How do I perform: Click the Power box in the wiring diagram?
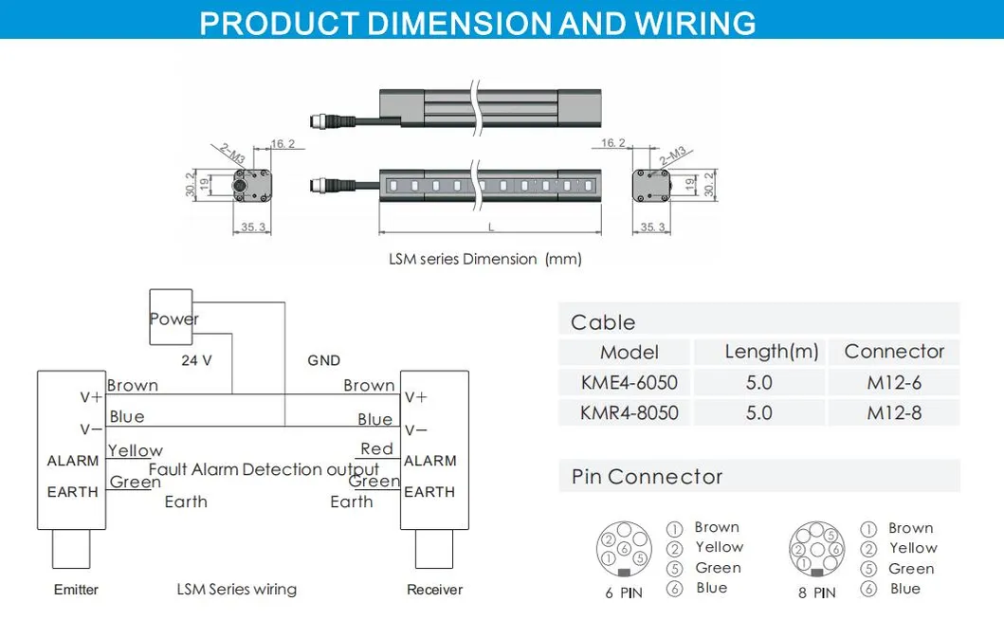pyautogui.click(x=172, y=318)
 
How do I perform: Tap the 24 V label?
pyautogui.click(x=196, y=360)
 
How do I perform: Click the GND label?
pyautogui.click(x=323, y=360)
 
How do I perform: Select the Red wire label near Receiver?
pyautogui.click(x=376, y=448)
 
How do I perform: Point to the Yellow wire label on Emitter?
pyautogui.click(x=136, y=450)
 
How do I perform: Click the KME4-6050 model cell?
pyautogui.click(x=630, y=382)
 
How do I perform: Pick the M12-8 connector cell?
pyautogui.click(x=893, y=412)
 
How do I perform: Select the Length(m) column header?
pyautogui.click(x=771, y=352)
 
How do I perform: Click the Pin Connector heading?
pyautogui.click(x=647, y=477)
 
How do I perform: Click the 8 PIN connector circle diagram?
pyautogui.click(x=816, y=549)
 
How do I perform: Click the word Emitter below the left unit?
pyautogui.click(x=76, y=590)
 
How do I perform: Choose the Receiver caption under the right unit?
pyautogui.click(x=434, y=590)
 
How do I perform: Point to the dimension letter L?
pyautogui.click(x=490, y=228)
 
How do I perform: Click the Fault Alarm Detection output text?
pyautogui.click(x=264, y=469)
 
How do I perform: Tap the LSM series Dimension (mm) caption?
pyautogui.click(x=484, y=259)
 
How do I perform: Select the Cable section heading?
pyautogui.click(x=603, y=322)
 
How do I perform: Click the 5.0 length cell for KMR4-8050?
pyautogui.click(x=758, y=412)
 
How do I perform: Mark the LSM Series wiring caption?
pyautogui.click(x=237, y=590)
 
